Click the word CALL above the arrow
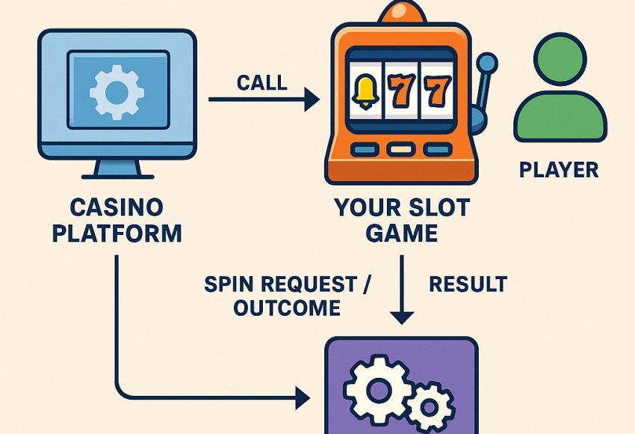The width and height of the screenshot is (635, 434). click(x=261, y=82)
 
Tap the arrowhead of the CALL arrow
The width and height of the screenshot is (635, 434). click(x=312, y=100)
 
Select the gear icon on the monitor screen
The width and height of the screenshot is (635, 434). click(x=117, y=92)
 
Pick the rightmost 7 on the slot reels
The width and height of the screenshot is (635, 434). click(x=438, y=91)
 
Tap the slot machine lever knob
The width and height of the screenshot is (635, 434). click(x=488, y=62)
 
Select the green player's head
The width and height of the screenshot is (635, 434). click(x=560, y=62)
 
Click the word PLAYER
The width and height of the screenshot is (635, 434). click(x=559, y=170)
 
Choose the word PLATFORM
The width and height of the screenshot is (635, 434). click(x=116, y=233)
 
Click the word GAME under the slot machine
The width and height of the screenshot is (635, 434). click(x=402, y=233)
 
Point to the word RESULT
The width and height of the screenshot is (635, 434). click(x=468, y=284)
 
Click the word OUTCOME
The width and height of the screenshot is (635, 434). click(x=287, y=308)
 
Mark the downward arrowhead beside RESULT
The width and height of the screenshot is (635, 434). click(x=402, y=317)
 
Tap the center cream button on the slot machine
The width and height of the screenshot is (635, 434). click(x=402, y=150)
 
